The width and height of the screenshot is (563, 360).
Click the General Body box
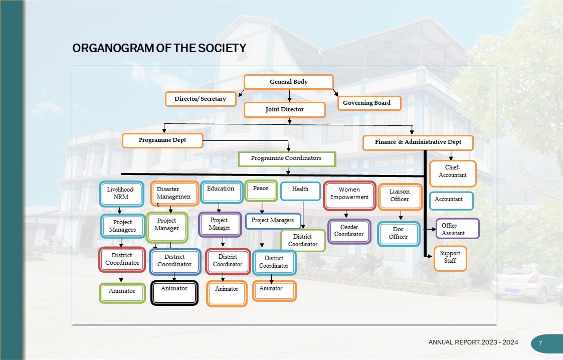[x=289, y=82]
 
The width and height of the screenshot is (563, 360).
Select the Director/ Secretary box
[x=201, y=99]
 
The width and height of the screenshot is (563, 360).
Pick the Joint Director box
[x=285, y=109]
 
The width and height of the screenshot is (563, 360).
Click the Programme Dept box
[x=162, y=140]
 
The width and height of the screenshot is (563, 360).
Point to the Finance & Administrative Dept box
[x=418, y=142]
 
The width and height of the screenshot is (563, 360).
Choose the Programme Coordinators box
[x=286, y=158]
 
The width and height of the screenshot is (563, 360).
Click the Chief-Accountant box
[x=453, y=171]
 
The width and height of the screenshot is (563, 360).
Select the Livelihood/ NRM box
[x=121, y=194]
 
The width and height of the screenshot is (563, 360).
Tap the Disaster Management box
[x=174, y=194]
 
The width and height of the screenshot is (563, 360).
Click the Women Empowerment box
[x=349, y=194]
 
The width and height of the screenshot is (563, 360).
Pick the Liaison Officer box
[x=400, y=196]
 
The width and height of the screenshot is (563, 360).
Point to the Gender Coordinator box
[x=349, y=231]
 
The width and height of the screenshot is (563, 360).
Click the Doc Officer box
[x=399, y=234]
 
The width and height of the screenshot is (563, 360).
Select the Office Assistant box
[x=457, y=229]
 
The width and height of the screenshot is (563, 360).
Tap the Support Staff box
[x=450, y=258]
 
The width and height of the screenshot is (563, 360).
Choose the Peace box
[x=261, y=190]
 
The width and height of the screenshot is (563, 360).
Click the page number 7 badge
[x=540, y=343]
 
